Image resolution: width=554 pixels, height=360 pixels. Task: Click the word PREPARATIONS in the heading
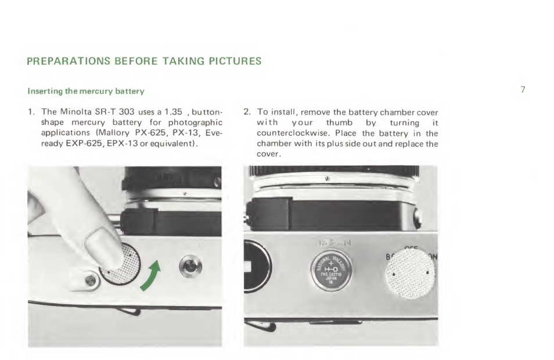[x=69, y=61]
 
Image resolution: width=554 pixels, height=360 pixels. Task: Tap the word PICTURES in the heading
[x=235, y=61]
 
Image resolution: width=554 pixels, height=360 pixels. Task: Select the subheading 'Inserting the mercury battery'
[x=86, y=91]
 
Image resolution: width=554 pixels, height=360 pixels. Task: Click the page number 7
[x=523, y=89]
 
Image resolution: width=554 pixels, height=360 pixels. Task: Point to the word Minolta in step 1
[x=76, y=112]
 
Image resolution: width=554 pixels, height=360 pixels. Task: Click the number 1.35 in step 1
[x=173, y=112]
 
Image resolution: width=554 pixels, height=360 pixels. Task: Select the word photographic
[x=195, y=123]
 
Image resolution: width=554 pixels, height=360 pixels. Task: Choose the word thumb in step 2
[x=339, y=123]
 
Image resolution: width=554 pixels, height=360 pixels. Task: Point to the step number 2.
[x=247, y=112]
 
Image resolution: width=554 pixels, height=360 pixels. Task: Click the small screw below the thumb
[x=90, y=281]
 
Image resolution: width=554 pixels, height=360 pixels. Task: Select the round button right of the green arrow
[x=190, y=267]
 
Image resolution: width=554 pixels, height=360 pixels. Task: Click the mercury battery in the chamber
[x=331, y=270]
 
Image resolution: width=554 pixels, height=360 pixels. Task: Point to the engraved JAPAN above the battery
[x=332, y=243]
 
